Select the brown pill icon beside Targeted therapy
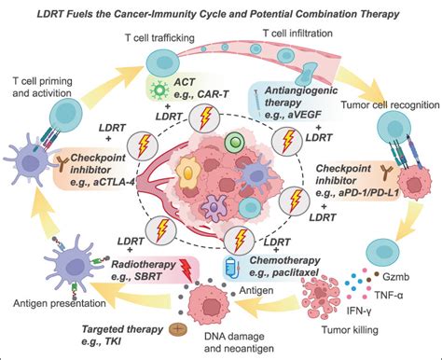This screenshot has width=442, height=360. (175, 328)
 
